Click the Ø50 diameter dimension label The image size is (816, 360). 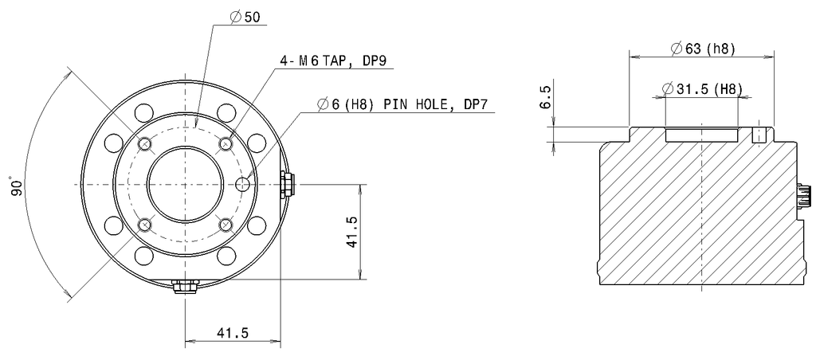pos(247,18)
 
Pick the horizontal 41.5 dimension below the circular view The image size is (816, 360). pos(232,335)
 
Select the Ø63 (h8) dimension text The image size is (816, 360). pos(702,49)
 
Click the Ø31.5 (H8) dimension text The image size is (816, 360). pos(702,88)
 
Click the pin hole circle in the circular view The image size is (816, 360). pos(245,185)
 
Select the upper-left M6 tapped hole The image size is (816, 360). pos(144,144)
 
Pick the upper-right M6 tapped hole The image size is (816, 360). pos(226,144)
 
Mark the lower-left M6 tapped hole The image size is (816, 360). pos(144,225)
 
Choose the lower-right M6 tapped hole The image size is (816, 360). pos(226,225)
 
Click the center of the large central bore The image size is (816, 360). pos(185,185)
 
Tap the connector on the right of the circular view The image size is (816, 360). pos(286,185)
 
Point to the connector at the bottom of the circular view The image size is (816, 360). pos(185,284)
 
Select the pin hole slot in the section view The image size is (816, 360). pos(760,134)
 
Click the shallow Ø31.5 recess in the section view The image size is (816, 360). pos(701,135)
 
